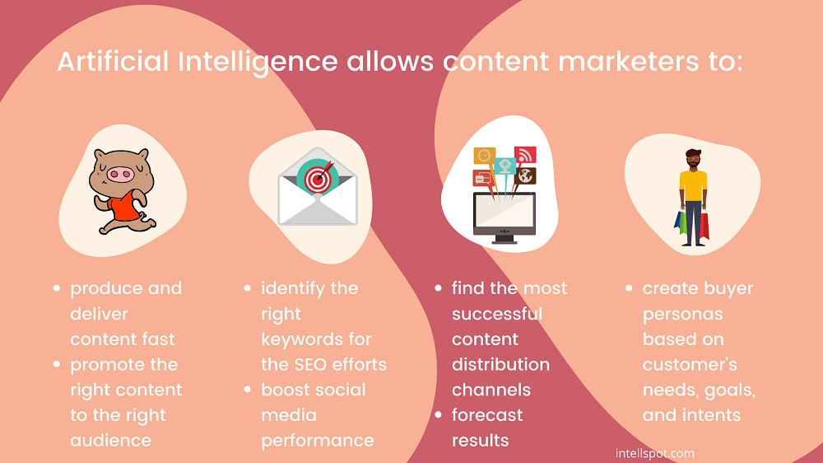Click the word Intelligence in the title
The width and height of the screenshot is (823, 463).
tap(258, 63)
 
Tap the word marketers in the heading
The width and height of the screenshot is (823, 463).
tap(628, 62)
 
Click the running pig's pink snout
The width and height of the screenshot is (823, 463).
tap(120, 175)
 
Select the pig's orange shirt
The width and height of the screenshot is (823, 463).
tap(124, 205)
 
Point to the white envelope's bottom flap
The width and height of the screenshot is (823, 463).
tap(318, 211)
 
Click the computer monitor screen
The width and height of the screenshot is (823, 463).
tap(504, 213)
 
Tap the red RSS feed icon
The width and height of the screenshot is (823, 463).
tap(525, 156)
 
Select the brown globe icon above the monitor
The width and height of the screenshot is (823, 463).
tap(525, 176)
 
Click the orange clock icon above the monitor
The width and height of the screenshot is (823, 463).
tap(484, 156)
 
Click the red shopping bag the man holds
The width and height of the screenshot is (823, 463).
tap(704, 226)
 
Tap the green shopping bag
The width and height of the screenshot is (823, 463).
tap(682, 223)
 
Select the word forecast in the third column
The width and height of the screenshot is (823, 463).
tap(487, 414)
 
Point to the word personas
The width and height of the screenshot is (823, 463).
tap(682, 315)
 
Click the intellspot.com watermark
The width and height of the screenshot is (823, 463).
tap(654, 453)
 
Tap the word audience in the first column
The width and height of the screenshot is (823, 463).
tap(111, 441)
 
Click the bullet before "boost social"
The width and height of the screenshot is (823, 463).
tap(247, 390)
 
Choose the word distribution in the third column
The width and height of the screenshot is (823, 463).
tap(500, 364)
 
